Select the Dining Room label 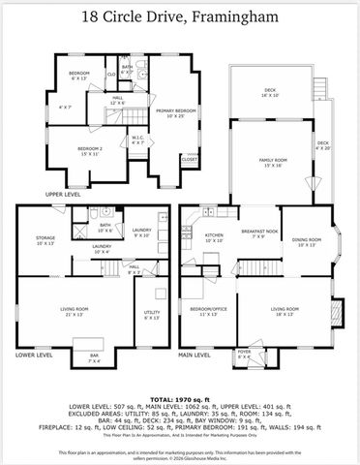(307, 241)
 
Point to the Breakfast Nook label (260, 232)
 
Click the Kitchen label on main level (214, 236)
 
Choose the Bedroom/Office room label (209, 310)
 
